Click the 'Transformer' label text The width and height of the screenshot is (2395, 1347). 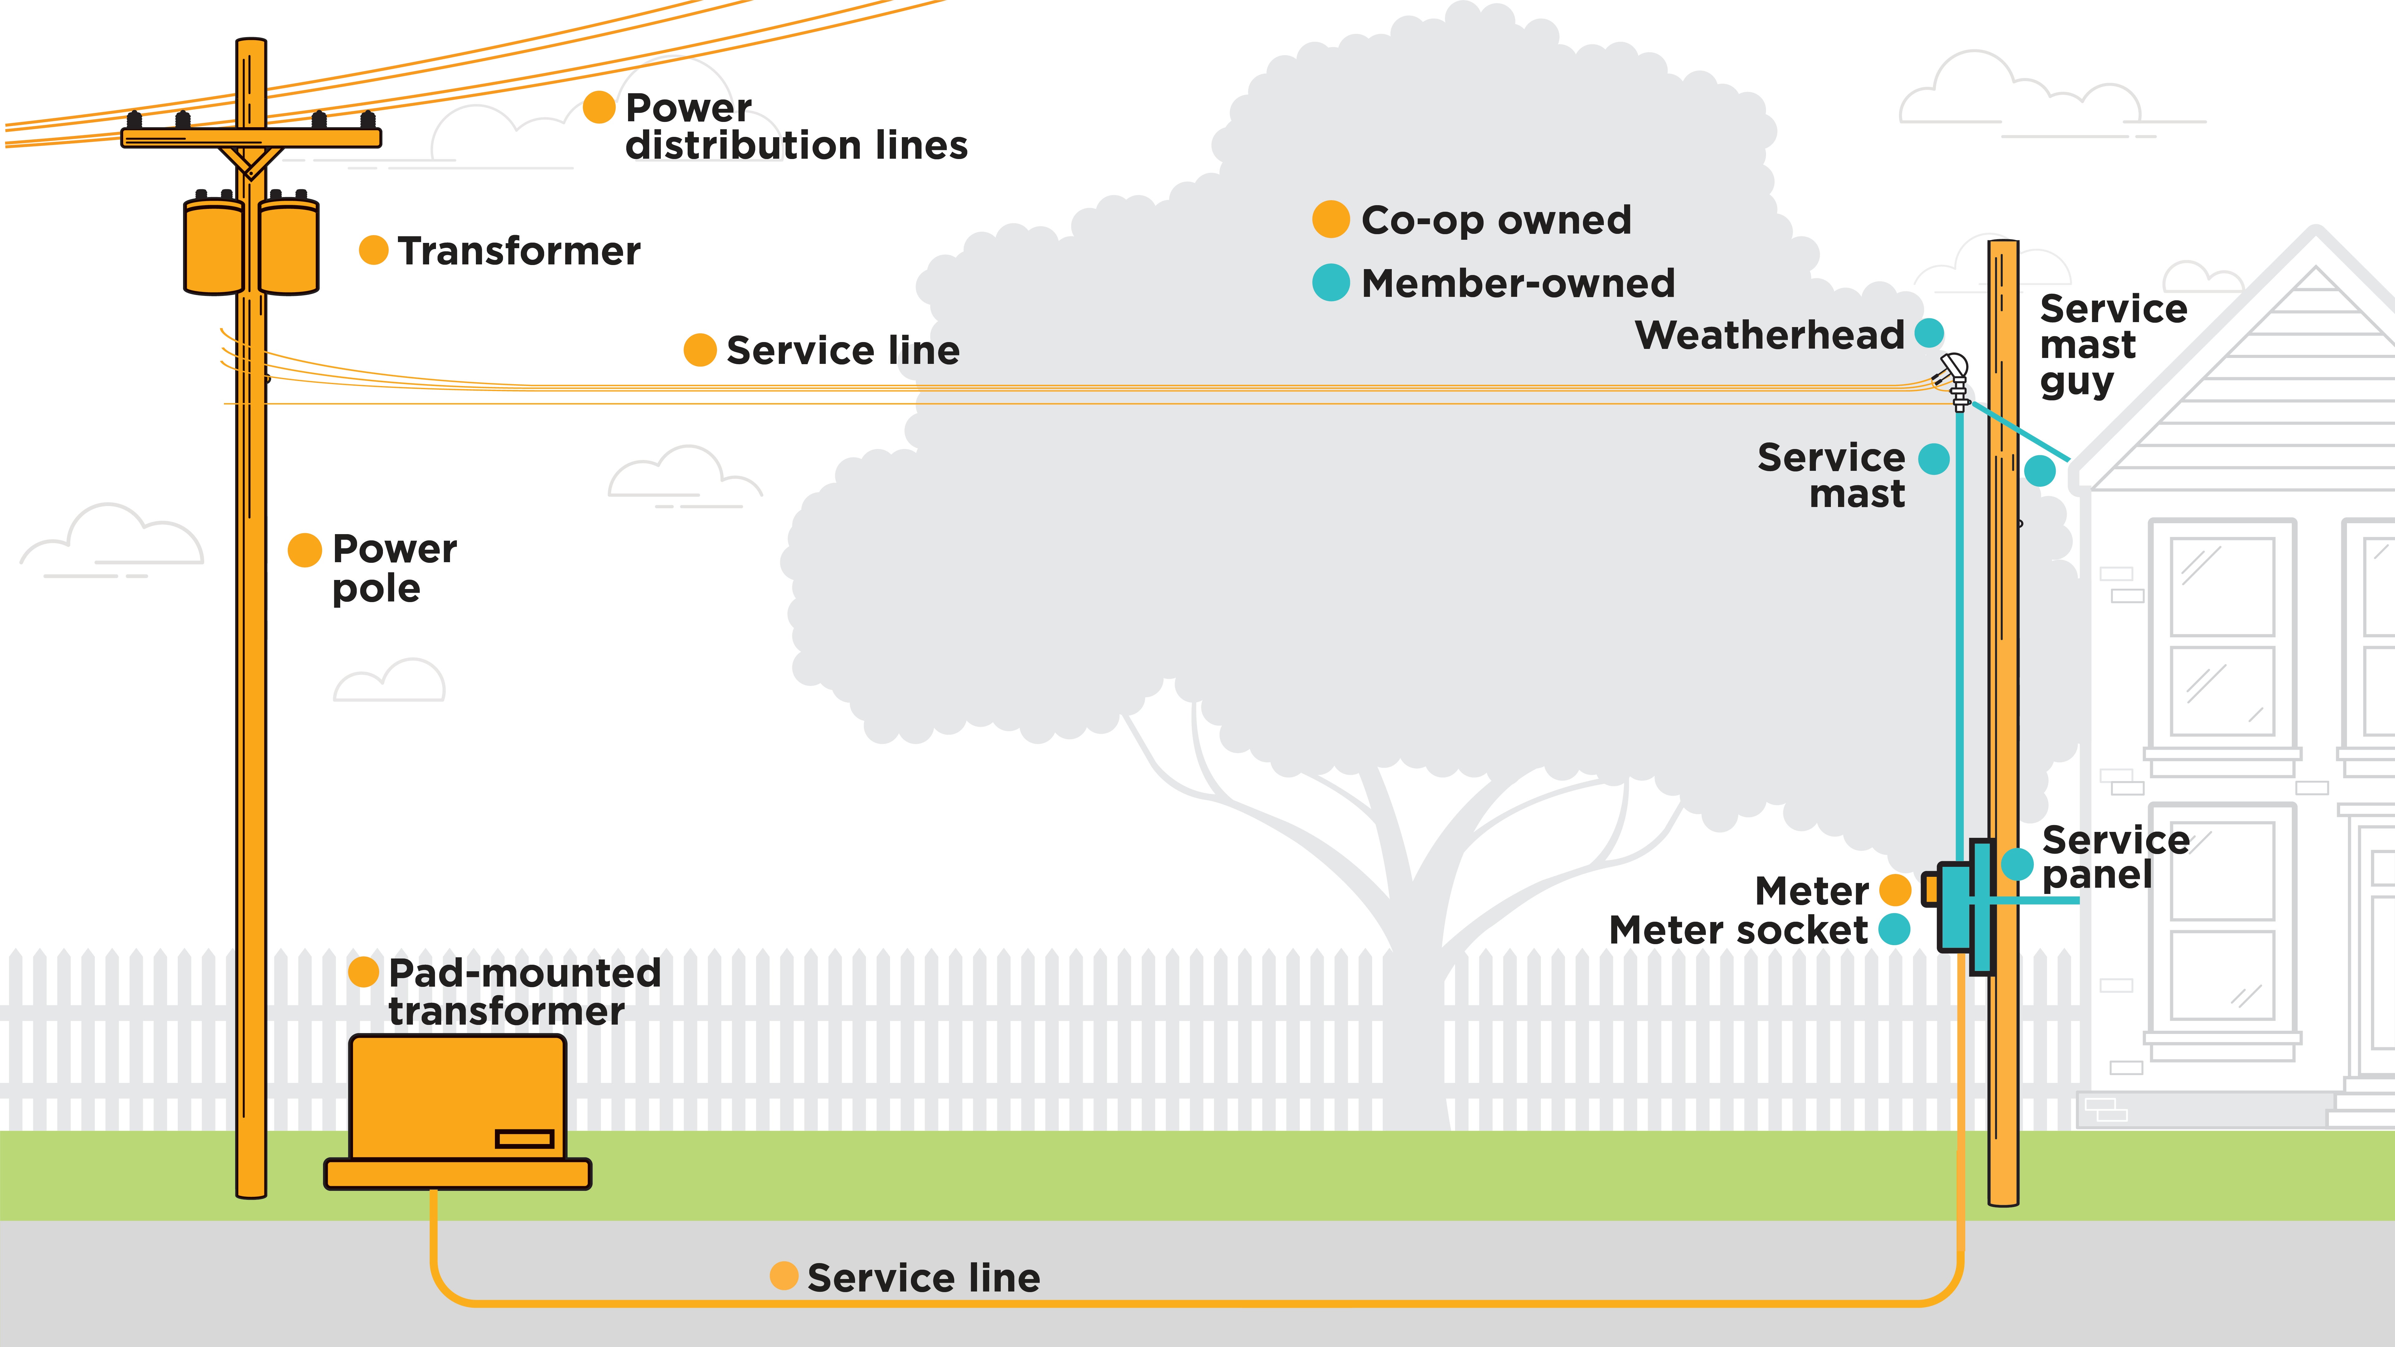click(x=519, y=251)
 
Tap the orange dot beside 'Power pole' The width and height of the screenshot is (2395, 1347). click(x=305, y=549)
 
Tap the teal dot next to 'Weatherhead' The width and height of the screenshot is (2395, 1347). click(x=1929, y=333)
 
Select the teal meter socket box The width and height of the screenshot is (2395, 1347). click(x=1955, y=906)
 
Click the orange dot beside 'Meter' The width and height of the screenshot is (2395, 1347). click(x=1895, y=890)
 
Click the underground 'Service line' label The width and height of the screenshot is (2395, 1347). click(x=923, y=1278)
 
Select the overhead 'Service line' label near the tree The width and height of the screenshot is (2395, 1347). click(x=842, y=350)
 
